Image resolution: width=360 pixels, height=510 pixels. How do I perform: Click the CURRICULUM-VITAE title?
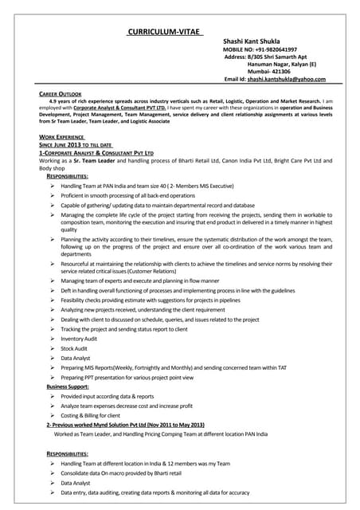pyautogui.click(x=166, y=32)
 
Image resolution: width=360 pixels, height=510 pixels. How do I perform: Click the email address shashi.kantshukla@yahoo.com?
pyautogui.click(x=285, y=80)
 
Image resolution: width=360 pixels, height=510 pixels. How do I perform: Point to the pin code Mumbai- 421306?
pyautogui.click(x=270, y=71)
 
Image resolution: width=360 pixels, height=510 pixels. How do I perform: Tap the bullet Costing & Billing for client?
pyautogui.click(x=91, y=415)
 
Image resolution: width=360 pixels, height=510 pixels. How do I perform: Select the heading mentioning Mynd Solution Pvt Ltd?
pyautogui.click(x=126, y=425)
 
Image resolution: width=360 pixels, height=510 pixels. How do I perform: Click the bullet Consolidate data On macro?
pyautogui.click(x=120, y=473)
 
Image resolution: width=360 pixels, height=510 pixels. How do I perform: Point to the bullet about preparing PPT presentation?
pyautogui.click(x=139, y=377)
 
